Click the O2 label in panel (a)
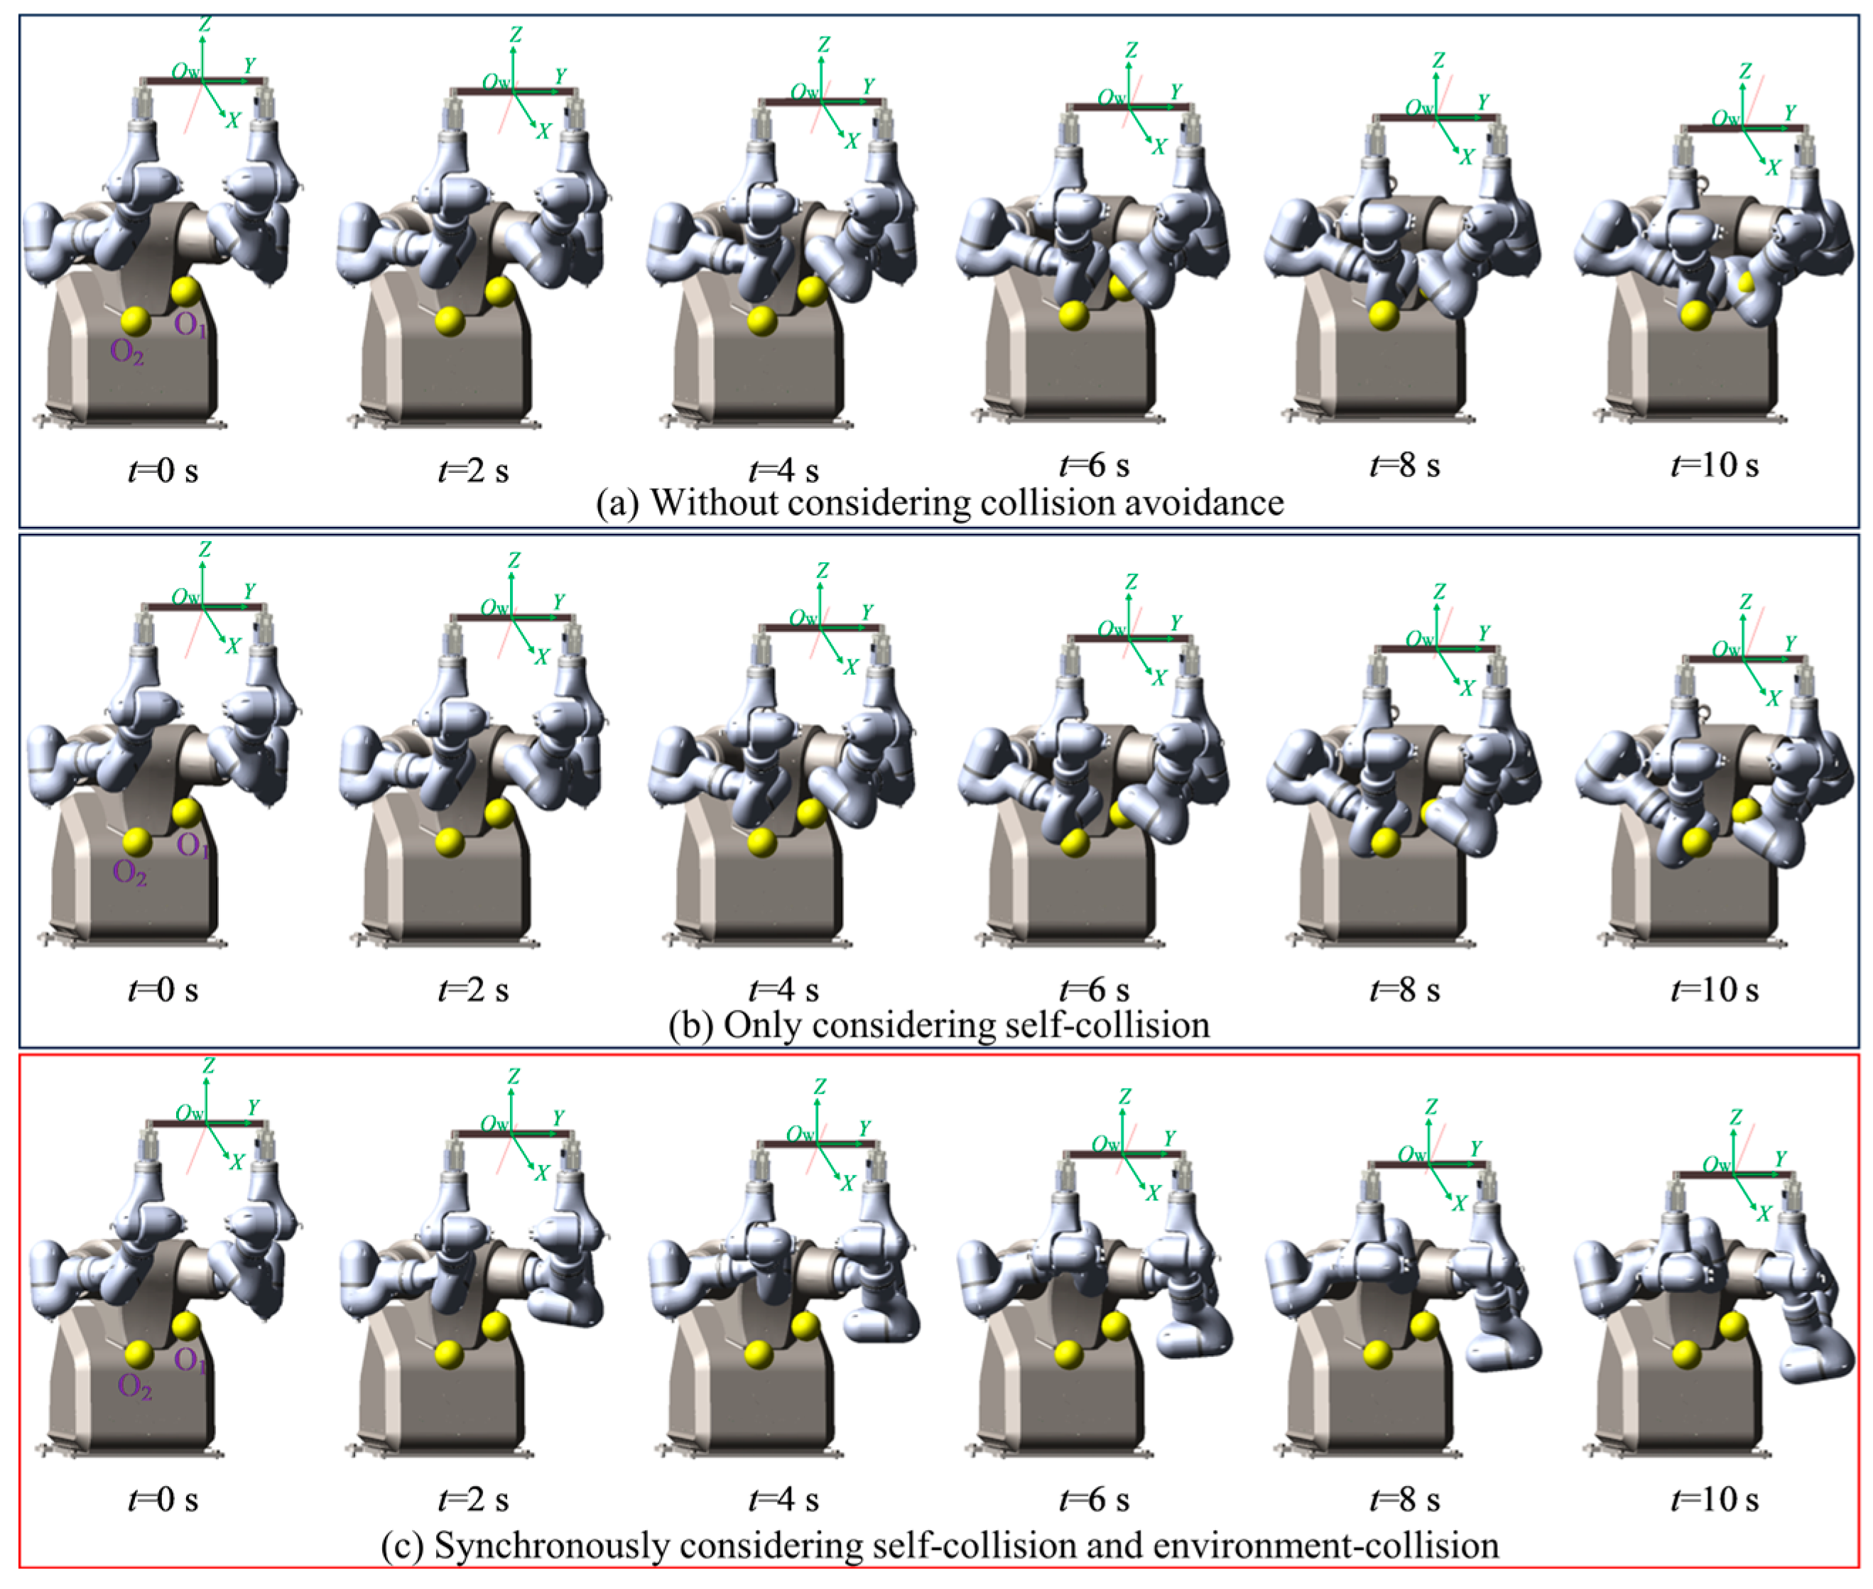point(126,352)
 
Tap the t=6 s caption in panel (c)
point(1094,1499)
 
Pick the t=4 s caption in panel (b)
point(783,989)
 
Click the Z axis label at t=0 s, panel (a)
point(205,23)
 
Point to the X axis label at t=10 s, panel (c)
point(1763,1214)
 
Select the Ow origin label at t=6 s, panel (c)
point(1107,1143)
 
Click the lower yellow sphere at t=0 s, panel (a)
point(135,321)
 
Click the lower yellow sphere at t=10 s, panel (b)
point(1695,841)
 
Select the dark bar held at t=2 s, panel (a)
point(513,91)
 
